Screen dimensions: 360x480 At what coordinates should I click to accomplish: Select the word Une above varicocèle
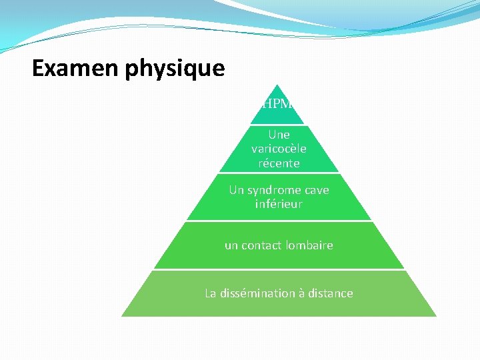coord(279,135)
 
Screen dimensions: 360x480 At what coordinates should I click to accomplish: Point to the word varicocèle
coord(279,149)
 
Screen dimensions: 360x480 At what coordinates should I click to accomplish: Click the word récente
coord(279,163)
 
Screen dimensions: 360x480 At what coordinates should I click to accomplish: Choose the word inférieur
coord(279,204)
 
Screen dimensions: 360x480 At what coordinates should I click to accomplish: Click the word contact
coord(262,245)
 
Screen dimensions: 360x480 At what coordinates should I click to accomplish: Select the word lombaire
coord(309,245)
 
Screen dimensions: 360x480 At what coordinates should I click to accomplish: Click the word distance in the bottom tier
coord(330,293)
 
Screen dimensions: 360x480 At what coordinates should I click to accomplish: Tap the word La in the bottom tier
coord(211,293)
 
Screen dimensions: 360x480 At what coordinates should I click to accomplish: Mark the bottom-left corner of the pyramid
coord(122,315)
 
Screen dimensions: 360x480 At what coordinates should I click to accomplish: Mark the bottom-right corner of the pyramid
coord(436,315)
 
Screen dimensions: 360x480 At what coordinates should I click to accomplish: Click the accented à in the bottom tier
coord(301,293)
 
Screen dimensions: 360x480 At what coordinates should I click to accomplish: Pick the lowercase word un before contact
coord(231,245)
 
